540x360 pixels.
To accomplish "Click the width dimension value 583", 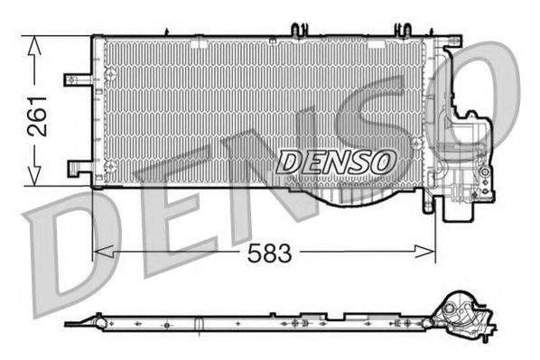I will [270, 254].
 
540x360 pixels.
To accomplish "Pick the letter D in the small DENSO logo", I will [289, 162].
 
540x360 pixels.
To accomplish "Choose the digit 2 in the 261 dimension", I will [37, 130].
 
